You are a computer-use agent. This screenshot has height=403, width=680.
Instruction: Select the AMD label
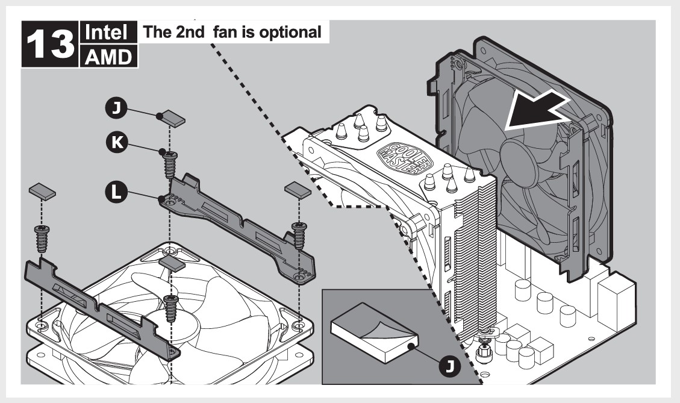click(107, 57)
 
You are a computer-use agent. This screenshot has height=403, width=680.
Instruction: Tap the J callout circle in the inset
click(448, 364)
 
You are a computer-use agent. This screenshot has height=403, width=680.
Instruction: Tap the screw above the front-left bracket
click(43, 240)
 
